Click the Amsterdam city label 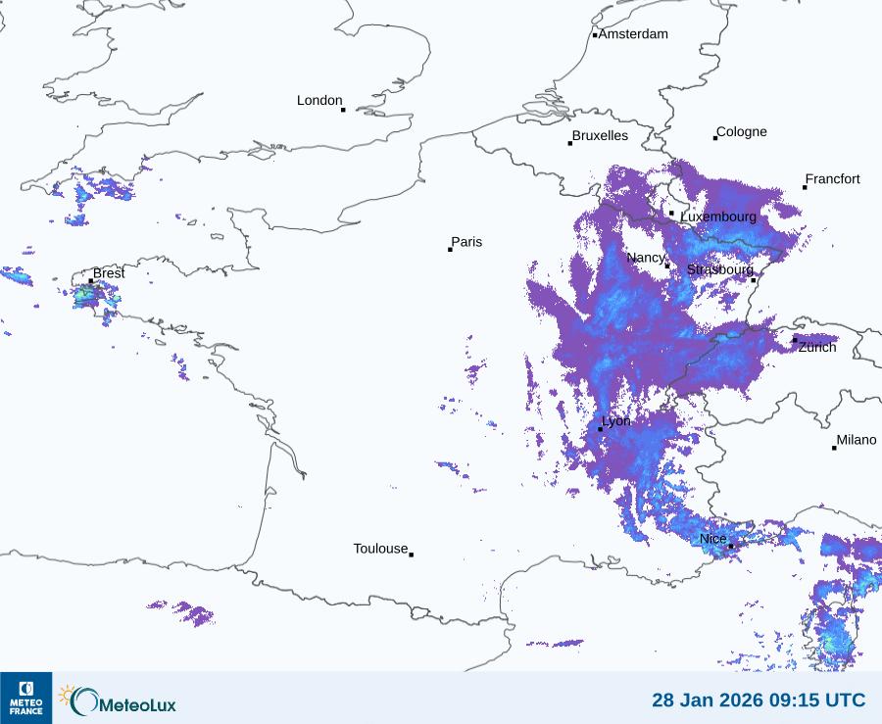(x=633, y=34)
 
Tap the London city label (x=319, y=100)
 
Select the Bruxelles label (x=600, y=136)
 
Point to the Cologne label (x=742, y=132)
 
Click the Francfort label (x=833, y=179)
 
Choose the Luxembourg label (x=718, y=217)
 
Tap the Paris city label (x=466, y=242)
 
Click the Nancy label (x=646, y=258)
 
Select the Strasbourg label (x=720, y=269)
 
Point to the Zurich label (x=817, y=347)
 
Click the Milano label (x=857, y=440)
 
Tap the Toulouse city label (x=380, y=549)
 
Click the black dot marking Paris (x=450, y=250)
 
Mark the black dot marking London (x=343, y=110)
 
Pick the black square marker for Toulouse (x=411, y=555)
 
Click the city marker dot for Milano (x=834, y=448)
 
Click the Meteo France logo (x=25, y=698)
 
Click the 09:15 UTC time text (x=820, y=700)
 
